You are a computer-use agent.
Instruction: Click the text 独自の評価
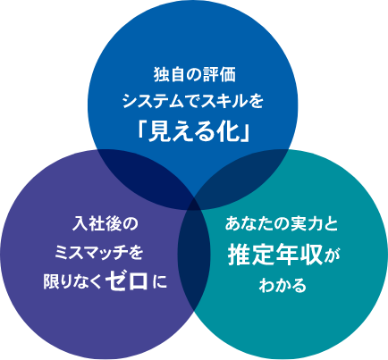click(194, 75)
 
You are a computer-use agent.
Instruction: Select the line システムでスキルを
click(193, 102)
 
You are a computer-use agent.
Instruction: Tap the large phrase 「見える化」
click(194, 131)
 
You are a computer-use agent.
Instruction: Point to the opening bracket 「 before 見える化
click(142, 130)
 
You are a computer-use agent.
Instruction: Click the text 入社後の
click(105, 223)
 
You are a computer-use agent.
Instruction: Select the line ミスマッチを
click(99, 253)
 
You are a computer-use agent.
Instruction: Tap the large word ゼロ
click(129, 280)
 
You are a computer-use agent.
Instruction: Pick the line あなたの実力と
click(282, 224)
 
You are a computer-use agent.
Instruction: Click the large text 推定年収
click(275, 255)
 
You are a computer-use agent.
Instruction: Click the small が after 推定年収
click(333, 256)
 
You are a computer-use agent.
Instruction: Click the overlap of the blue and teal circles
click(245, 176)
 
